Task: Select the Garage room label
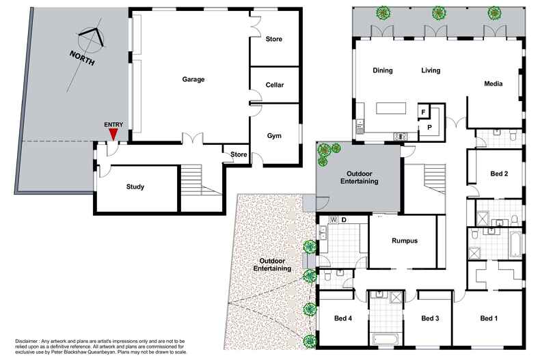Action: (x=193, y=79)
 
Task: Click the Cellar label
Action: (x=275, y=85)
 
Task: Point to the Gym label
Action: (x=273, y=135)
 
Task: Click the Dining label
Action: (x=383, y=70)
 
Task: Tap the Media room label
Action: (x=493, y=84)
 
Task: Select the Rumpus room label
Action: (x=404, y=240)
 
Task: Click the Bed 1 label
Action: (x=490, y=318)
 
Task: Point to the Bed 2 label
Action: (x=500, y=174)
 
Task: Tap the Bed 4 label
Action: (x=344, y=318)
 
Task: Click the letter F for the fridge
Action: (x=423, y=111)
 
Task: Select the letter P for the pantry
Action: (x=430, y=127)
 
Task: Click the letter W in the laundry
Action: (x=334, y=219)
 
